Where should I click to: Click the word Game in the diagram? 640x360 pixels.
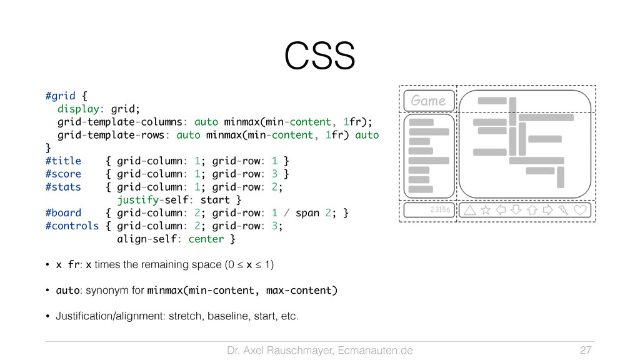point(429,100)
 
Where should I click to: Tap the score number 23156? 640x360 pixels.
point(440,210)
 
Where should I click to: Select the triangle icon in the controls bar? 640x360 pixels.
point(470,211)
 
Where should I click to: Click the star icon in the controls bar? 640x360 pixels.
point(486,211)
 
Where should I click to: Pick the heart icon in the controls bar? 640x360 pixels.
point(581,211)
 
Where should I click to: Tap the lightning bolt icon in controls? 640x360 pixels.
point(564,211)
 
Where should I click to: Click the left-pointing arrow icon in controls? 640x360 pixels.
point(501,211)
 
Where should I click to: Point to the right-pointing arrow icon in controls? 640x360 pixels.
point(548,211)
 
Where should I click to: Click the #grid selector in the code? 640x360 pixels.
point(60,96)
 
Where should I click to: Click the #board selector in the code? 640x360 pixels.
point(63,213)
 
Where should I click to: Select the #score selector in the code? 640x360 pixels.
point(63,174)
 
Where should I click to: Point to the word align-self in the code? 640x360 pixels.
point(147,239)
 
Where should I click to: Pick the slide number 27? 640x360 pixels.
point(586,349)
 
